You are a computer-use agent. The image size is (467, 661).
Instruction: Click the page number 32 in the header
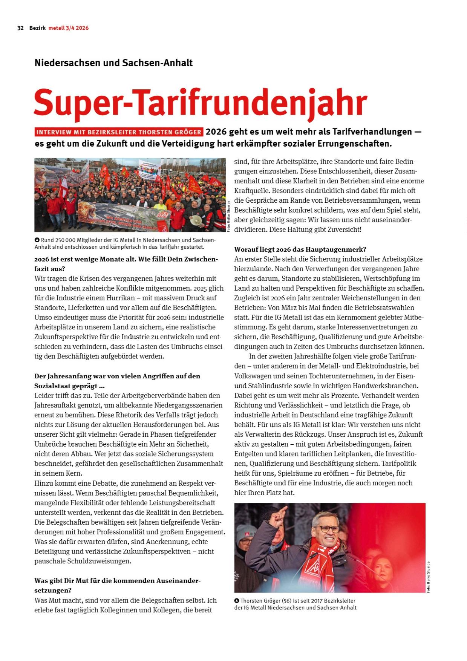pyautogui.click(x=20, y=28)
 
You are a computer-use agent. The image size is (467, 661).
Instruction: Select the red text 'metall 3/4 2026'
pyautogui.click(x=69, y=28)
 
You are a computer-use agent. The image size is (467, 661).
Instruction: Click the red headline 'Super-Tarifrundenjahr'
pyautogui.click(x=200, y=103)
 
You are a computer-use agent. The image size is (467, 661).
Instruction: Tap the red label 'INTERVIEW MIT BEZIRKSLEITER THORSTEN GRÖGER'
pyautogui.click(x=119, y=132)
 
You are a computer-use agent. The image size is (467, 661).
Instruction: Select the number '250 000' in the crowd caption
pyautogui.click(x=65, y=240)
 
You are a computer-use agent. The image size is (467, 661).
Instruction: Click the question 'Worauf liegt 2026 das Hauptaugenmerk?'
pyautogui.click(x=300, y=249)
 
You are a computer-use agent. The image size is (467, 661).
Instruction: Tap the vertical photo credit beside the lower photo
pyautogui.click(x=429, y=577)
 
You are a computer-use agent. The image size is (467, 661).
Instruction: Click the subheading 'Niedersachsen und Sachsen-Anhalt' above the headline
pyautogui.click(x=113, y=63)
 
